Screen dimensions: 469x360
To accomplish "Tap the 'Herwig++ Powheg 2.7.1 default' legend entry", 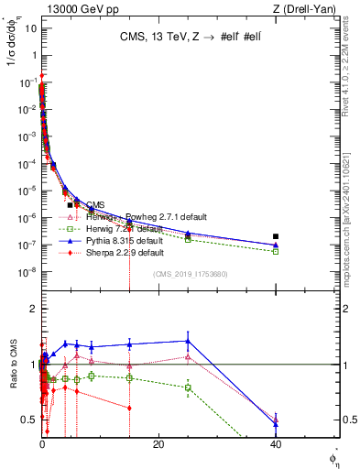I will coord(128,217).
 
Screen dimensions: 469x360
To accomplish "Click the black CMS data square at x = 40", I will coord(276,236).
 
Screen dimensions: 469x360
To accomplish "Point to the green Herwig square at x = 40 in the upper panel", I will coord(276,251).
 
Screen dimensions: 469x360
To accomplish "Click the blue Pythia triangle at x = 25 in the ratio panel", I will coord(188,341).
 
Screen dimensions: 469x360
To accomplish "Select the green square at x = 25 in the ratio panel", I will coord(188,387).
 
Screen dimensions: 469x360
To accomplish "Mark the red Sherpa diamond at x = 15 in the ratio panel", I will coord(129,408).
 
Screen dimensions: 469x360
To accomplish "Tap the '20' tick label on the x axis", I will coord(158,444).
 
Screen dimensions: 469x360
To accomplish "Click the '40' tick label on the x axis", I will coord(276,444).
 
